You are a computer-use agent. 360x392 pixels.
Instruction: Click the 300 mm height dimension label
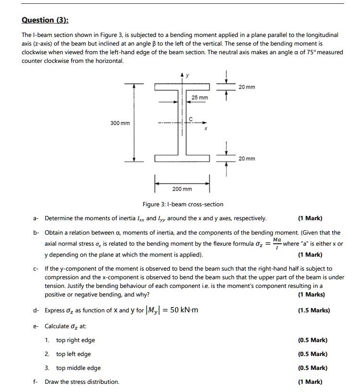(120, 123)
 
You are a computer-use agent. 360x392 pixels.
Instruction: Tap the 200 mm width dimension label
(182, 189)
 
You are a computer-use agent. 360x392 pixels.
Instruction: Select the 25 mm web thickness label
(200, 98)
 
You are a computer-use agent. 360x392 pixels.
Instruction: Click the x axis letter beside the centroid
(205, 129)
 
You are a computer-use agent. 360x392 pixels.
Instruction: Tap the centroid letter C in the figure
(191, 119)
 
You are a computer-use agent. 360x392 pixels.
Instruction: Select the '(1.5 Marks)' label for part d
(314, 310)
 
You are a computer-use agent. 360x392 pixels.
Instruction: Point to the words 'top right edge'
(75, 340)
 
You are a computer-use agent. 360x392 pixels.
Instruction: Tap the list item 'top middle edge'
(78, 368)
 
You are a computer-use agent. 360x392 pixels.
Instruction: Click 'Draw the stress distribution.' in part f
(82, 382)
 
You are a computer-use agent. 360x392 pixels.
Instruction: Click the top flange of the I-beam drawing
(182, 87)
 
